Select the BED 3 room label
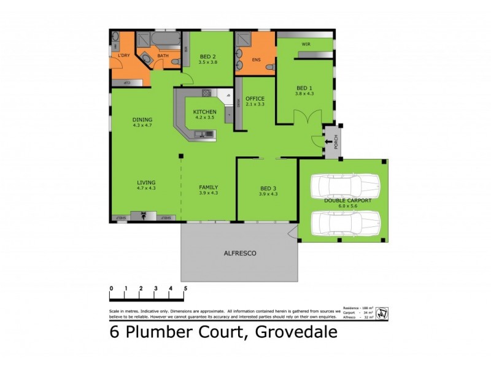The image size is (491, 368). [269, 187]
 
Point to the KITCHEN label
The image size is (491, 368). [204, 112]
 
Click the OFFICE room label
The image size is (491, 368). [255, 98]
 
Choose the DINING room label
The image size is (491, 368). [142, 120]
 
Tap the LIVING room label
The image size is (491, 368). [146, 182]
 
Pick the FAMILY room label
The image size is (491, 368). [209, 187]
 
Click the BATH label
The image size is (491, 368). [163, 56]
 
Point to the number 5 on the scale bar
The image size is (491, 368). [185, 288]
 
